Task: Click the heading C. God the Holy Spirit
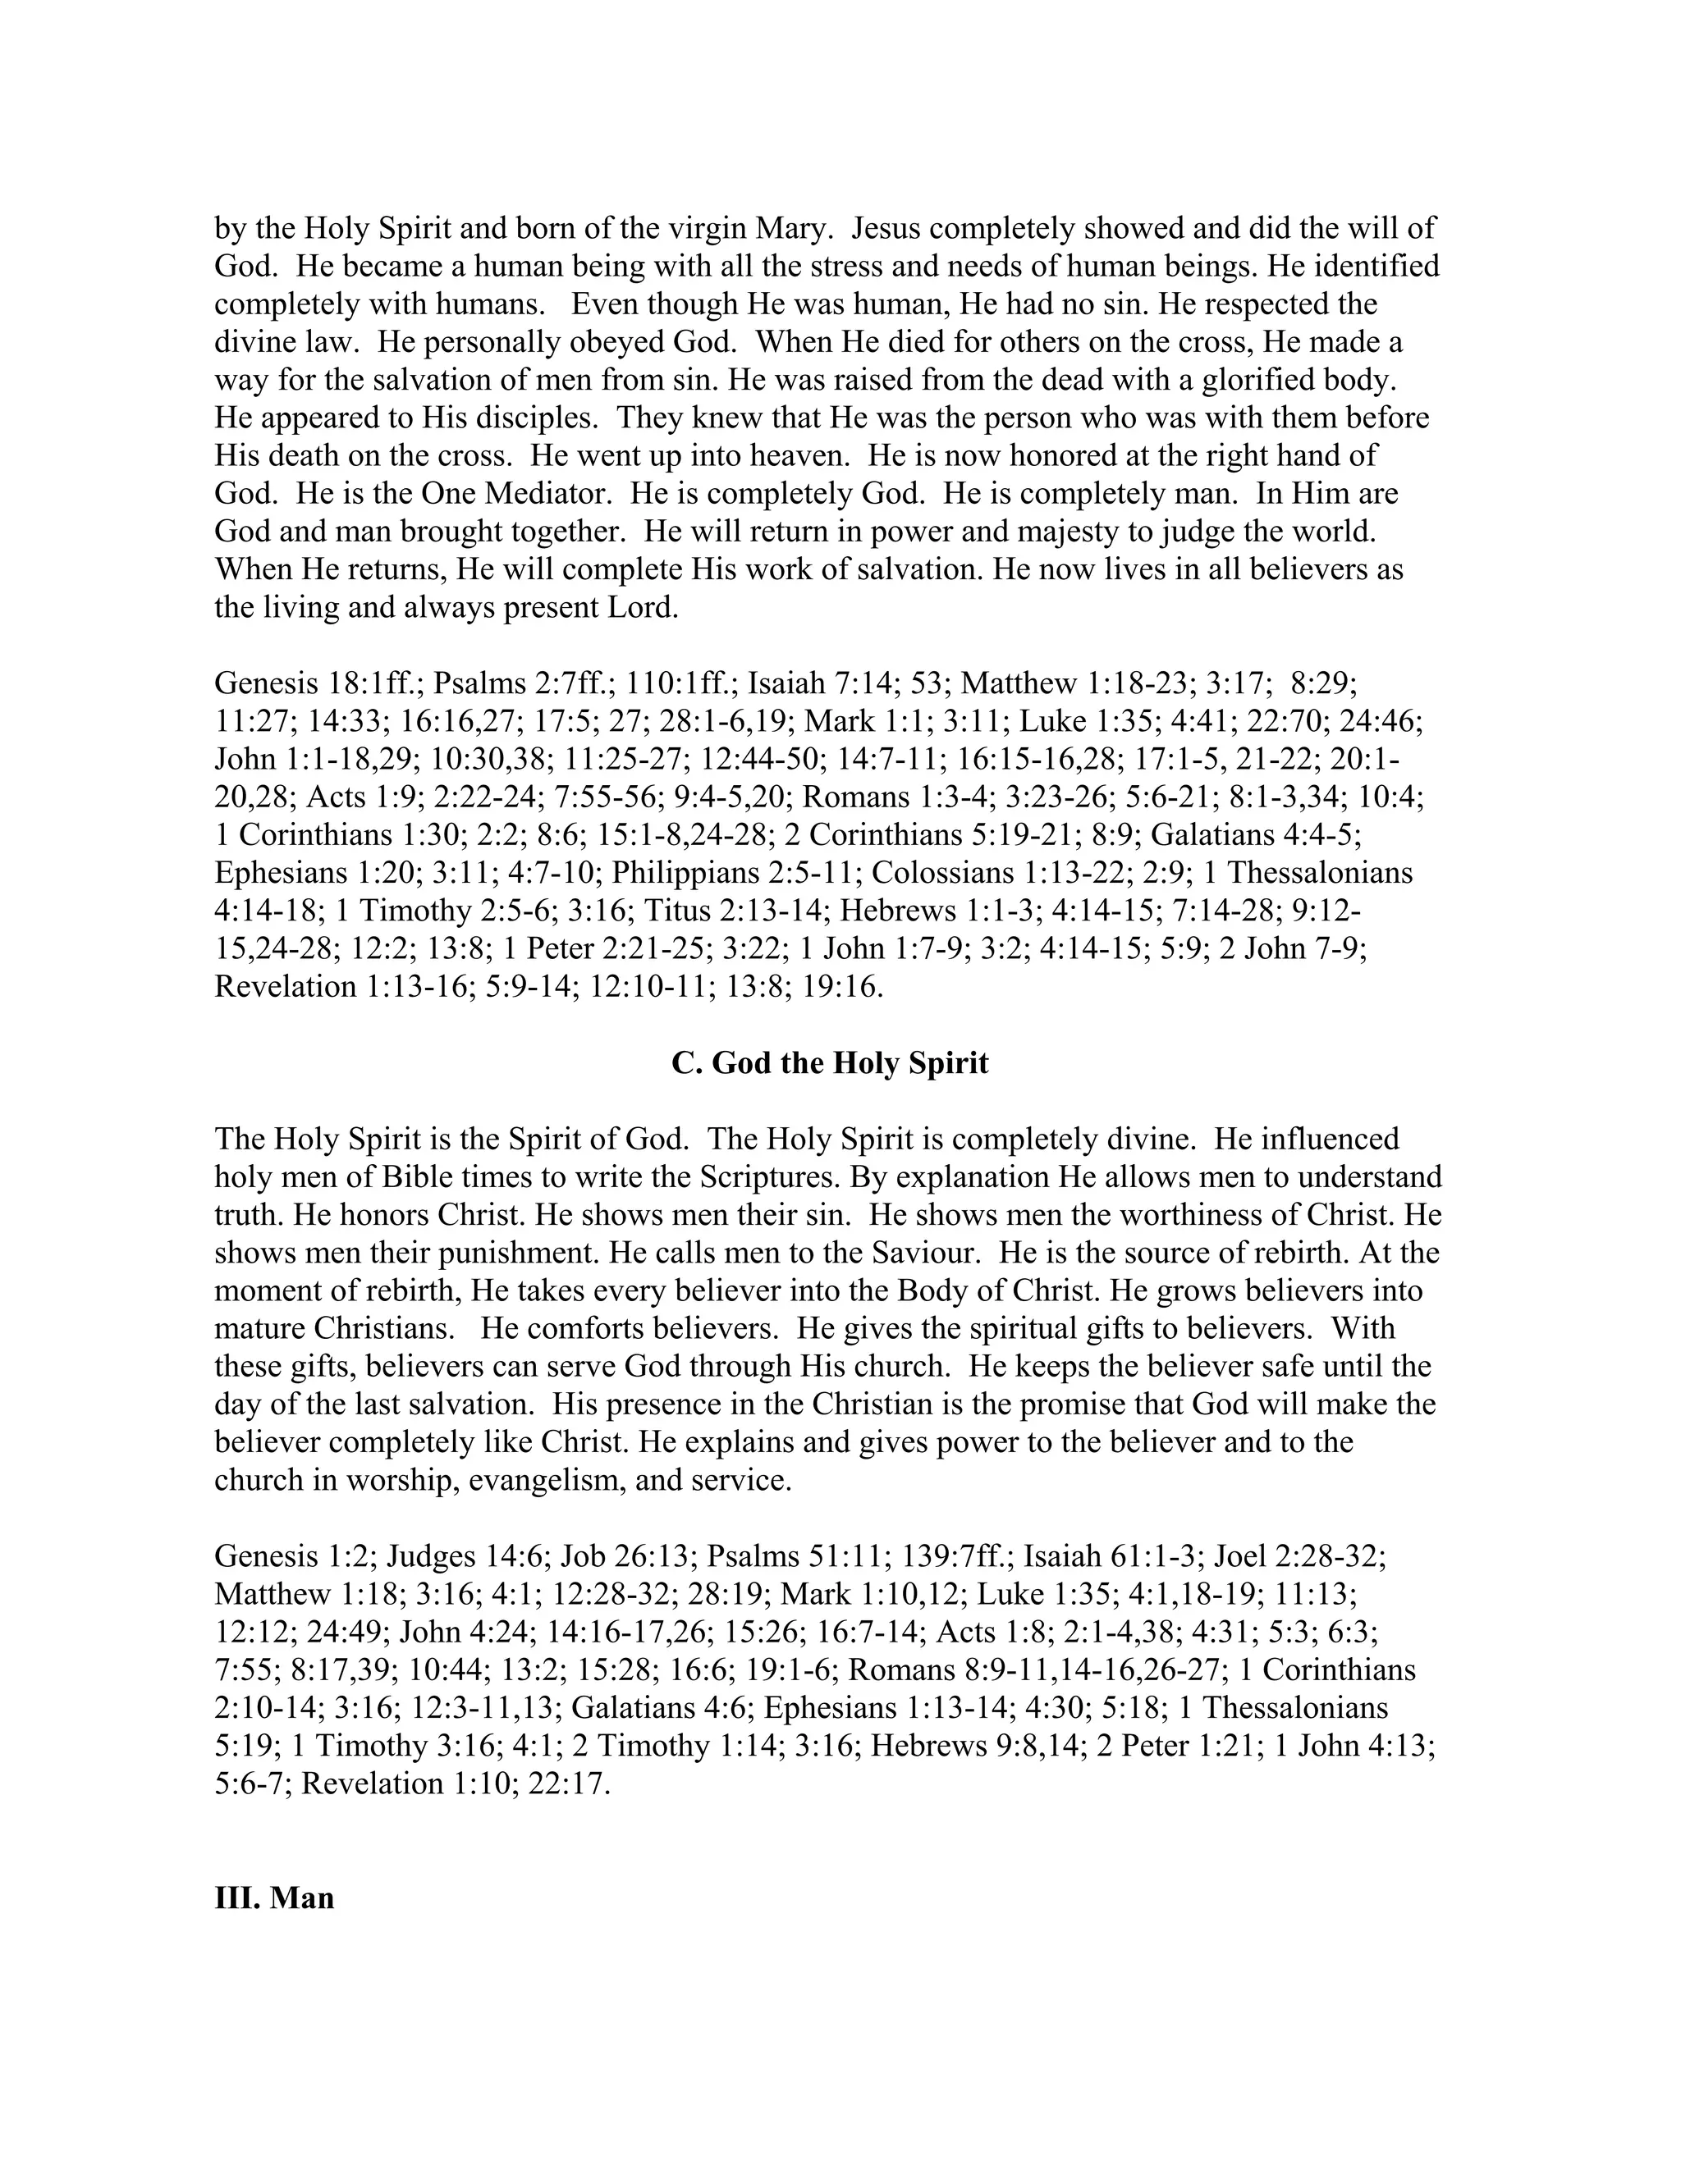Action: (x=830, y=1063)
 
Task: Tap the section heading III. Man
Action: (x=274, y=1898)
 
